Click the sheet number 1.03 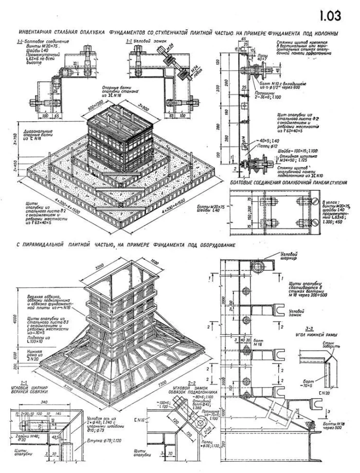[330, 15]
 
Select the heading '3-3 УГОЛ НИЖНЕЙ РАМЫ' [315, 331]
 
